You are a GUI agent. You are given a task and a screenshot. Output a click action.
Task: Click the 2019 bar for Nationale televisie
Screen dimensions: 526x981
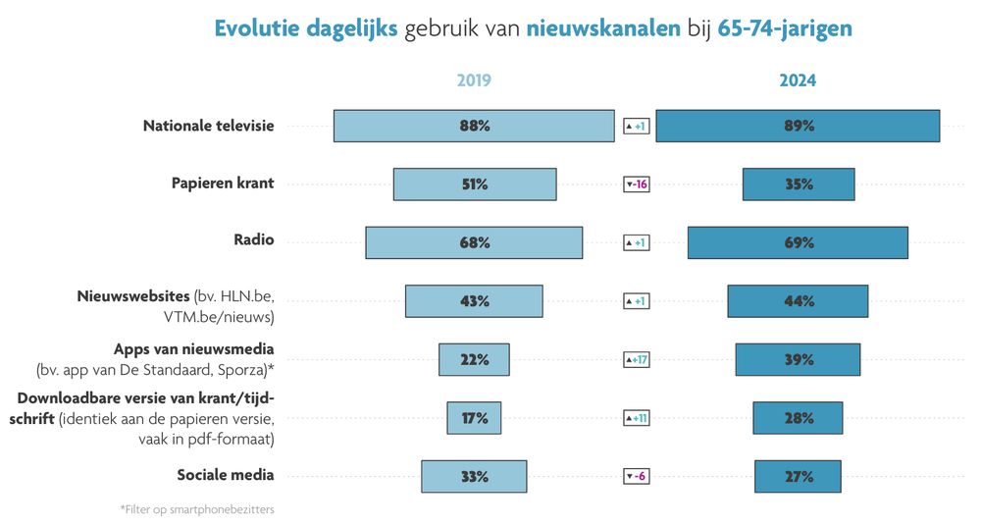point(474,126)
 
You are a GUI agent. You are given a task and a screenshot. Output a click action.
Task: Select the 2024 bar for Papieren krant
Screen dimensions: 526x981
point(799,184)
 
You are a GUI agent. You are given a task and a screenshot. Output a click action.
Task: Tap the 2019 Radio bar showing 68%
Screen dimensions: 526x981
point(474,242)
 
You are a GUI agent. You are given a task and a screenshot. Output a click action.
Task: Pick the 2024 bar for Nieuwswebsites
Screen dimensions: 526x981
point(798,301)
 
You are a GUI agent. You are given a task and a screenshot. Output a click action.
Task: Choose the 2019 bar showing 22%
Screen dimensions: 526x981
point(474,360)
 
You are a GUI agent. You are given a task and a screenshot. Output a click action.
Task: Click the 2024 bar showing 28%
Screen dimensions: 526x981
point(798,418)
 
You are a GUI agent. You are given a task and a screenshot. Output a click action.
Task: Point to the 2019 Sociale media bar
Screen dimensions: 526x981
point(474,477)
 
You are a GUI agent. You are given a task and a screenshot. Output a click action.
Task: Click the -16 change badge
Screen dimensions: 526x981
point(637,184)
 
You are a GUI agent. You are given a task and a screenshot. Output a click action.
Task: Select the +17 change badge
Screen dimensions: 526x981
point(637,360)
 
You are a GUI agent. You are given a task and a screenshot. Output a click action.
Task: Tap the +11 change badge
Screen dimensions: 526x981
point(637,418)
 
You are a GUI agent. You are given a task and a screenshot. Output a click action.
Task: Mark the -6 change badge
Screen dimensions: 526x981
point(637,477)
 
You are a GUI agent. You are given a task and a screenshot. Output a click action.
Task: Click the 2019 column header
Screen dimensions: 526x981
point(474,81)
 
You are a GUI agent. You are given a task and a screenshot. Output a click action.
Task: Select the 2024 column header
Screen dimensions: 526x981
point(798,81)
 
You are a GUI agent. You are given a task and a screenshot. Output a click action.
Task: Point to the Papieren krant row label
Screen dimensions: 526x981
point(223,184)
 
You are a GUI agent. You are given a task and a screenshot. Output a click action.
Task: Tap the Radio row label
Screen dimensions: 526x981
point(254,240)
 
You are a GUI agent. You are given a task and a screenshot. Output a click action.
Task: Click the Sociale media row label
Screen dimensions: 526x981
point(226,476)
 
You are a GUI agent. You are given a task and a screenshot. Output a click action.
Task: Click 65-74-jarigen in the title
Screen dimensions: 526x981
point(785,28)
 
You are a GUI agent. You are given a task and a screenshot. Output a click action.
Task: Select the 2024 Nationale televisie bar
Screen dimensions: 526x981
point(798,126)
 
